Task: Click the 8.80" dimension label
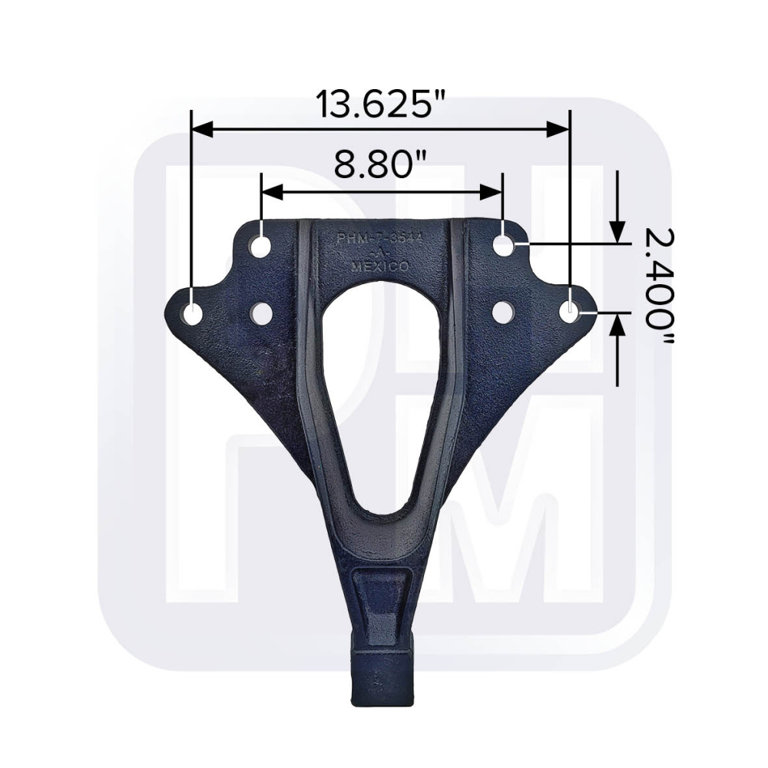381,164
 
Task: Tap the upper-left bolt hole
261,247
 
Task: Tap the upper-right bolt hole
504,246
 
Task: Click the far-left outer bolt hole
192,313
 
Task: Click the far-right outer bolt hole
570,312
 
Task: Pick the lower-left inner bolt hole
261,313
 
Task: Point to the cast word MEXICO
379,266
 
